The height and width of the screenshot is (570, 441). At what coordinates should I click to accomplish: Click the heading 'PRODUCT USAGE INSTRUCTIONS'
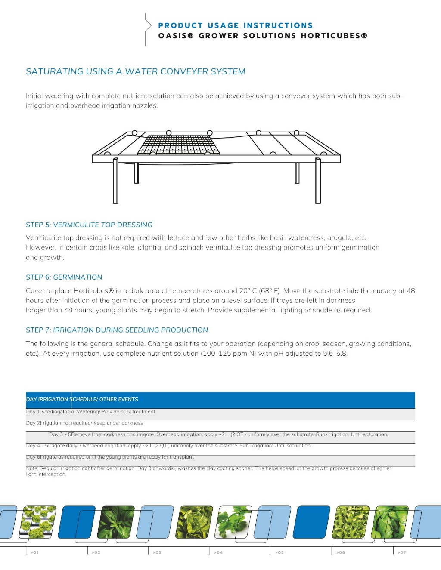click(235, 25)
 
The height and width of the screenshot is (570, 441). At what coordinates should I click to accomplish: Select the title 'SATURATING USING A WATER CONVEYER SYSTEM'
click(135, 71)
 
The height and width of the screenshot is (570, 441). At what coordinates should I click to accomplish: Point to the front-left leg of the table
click(115, 181)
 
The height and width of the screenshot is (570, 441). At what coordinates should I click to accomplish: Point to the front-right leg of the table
click(318, 181)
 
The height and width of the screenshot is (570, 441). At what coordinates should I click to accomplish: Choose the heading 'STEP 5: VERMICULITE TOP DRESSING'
click(89, 225)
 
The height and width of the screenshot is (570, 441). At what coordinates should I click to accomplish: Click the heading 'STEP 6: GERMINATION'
click(64, 277)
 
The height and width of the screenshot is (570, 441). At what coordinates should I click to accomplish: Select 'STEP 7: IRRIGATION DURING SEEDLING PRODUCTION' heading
click(117, 330)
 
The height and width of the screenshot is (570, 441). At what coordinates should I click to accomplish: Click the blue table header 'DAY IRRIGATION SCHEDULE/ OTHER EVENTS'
click(82, 399)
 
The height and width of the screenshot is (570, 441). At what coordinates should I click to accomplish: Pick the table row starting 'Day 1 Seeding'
click(90, 412)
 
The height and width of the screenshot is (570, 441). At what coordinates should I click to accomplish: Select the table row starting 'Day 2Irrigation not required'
click(84, 423)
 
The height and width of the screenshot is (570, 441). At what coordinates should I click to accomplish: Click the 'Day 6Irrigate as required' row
click(110, 457)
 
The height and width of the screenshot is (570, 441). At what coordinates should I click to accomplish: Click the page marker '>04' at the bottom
click(218, 552)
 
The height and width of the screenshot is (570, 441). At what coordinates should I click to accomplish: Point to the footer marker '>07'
click(402, 552)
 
